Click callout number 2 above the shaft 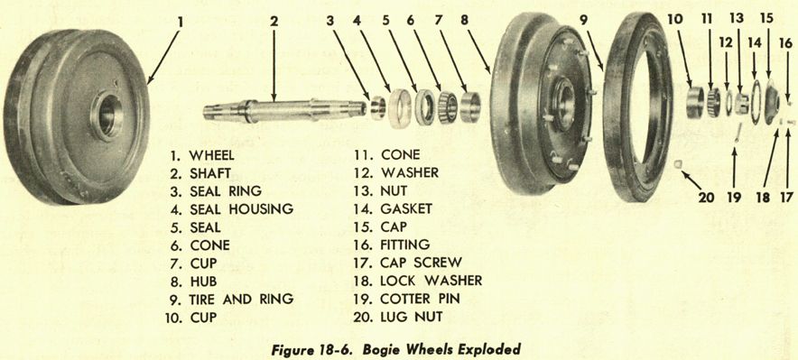[274, 22]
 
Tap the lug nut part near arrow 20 [677, 163]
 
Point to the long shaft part [284, 110]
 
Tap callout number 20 [706, 198]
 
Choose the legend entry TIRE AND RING [241, 299]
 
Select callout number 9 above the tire [583, 21]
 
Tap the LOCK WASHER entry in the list [431, 281]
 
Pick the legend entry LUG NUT [412, 318]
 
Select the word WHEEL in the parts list [212, 154]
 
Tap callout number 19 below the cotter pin [733, 198]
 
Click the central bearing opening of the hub [563, 97]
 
